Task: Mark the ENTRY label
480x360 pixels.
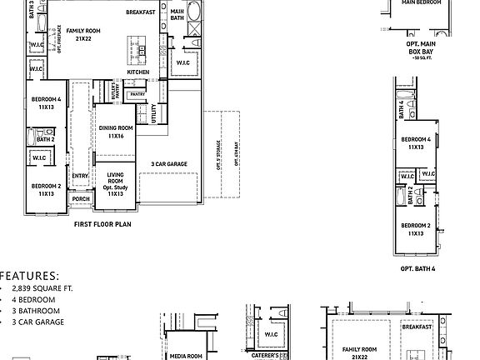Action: coord(80,176)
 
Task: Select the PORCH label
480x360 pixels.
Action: coord(81,199)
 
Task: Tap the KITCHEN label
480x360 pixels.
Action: coord(138,72)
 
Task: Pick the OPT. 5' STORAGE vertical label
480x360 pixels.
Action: coord(218,153)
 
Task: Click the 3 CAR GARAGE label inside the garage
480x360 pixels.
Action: coord(168,164)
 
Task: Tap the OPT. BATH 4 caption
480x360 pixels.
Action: coord(418,268)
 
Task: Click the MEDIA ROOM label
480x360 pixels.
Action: coord(186,356)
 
